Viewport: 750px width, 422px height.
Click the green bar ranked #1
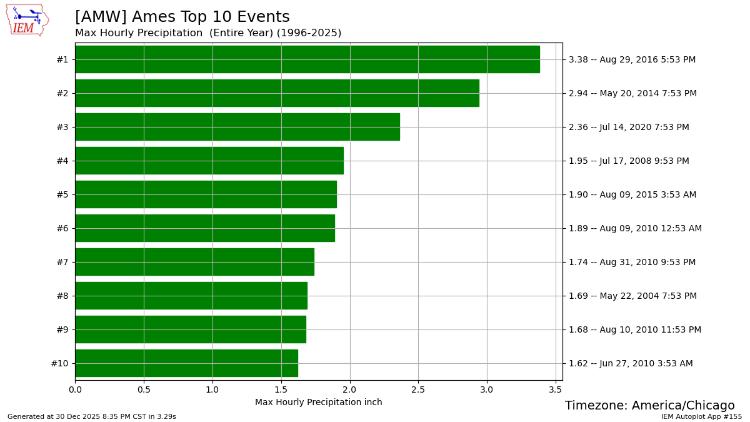coord(307,59)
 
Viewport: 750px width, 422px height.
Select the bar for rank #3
coord(237,127)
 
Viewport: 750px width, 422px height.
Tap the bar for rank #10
coord(186,363)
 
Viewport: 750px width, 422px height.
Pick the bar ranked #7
coord(194,262)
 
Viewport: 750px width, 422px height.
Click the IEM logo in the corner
coord(27,20)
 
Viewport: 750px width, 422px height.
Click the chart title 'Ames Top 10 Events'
coord(182,18)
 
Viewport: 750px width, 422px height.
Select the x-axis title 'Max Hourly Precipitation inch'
coord(318,402)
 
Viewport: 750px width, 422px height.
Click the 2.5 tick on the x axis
coord(418,389)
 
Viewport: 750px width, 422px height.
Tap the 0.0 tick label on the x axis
coord(75,389)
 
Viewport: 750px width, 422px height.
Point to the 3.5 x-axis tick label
coord(556,389)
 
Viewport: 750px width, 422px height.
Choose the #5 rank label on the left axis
coord(62,194)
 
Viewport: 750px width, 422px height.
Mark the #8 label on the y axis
coord(62,296)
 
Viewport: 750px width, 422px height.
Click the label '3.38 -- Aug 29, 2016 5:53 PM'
coord(632,59)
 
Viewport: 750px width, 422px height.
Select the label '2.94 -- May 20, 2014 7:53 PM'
coord(632,93)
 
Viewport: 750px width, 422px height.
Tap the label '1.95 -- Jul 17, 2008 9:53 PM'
coord(629,161)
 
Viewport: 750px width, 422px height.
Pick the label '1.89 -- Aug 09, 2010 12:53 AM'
coord(635,228)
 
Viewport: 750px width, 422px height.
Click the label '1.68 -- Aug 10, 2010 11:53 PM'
coord(635,329)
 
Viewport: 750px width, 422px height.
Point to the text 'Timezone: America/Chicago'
coord(649,406)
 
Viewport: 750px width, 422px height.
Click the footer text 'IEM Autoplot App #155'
coord(701,416)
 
